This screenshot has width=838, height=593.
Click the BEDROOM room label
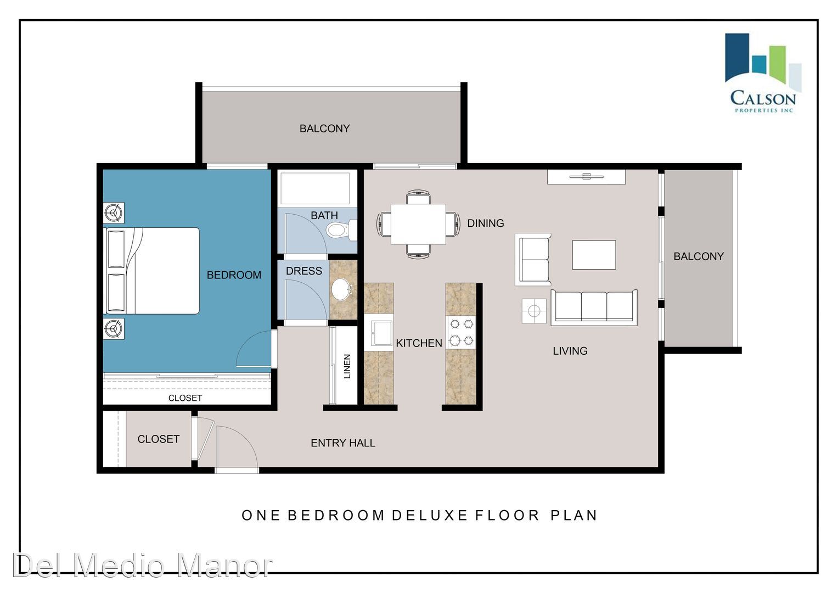pos(234,275)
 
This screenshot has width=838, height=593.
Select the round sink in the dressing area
pos(341,289)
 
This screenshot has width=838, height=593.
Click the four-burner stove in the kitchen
pos(462,332)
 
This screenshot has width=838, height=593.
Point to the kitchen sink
pos(379,332)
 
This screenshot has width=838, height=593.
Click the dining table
pos(418,224)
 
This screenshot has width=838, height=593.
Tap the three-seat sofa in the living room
pos(594,307)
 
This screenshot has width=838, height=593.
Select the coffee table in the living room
pos(594,255)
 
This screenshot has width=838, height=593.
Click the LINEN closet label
pos(347,367)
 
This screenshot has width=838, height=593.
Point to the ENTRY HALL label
pos(343,443)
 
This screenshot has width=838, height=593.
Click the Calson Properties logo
pos(763,73)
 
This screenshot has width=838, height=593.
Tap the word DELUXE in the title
pos(430,516)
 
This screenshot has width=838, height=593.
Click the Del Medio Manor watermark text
pos(143,566)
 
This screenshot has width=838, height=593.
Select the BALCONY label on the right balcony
pos(699,256)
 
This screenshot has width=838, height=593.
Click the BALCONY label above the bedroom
pos(324,129)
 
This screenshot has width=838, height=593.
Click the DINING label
pos(486,223)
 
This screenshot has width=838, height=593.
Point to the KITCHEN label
pos(419,343)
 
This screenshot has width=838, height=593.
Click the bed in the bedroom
pos(151,271)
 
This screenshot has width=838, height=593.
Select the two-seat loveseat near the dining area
pos(533,260)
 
